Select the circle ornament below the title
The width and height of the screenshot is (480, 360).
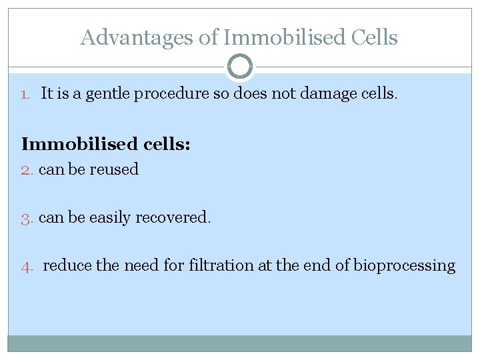point(240,67)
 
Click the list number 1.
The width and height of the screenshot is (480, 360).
point(25,95)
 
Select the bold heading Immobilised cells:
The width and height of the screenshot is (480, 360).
point(106,143)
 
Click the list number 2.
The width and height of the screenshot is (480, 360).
point(27,170)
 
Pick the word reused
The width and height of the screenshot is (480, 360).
point(115,169)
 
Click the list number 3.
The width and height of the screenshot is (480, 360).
point(27,218)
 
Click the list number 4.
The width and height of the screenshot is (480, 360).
point(27,267)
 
